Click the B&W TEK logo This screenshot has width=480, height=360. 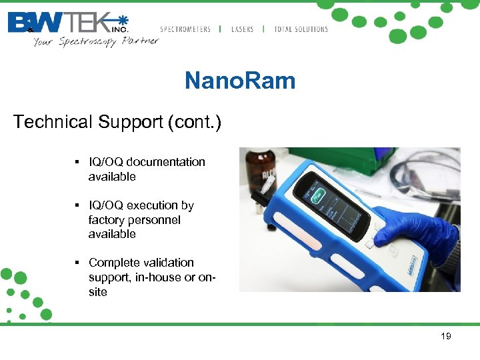point(67,22)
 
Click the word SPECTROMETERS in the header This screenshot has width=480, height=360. point(185,29)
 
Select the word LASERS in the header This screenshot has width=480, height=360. point(242,29)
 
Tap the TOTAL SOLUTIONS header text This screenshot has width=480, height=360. point(301,29)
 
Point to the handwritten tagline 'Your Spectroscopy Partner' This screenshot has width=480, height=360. point(96,41)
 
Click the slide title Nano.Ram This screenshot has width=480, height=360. point(239,81)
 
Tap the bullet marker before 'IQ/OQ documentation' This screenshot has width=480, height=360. point(78,162)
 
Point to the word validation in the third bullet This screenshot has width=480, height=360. point(169,263)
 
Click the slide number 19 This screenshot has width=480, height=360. point(446,336)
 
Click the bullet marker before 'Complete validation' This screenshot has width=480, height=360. point(78,263)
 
